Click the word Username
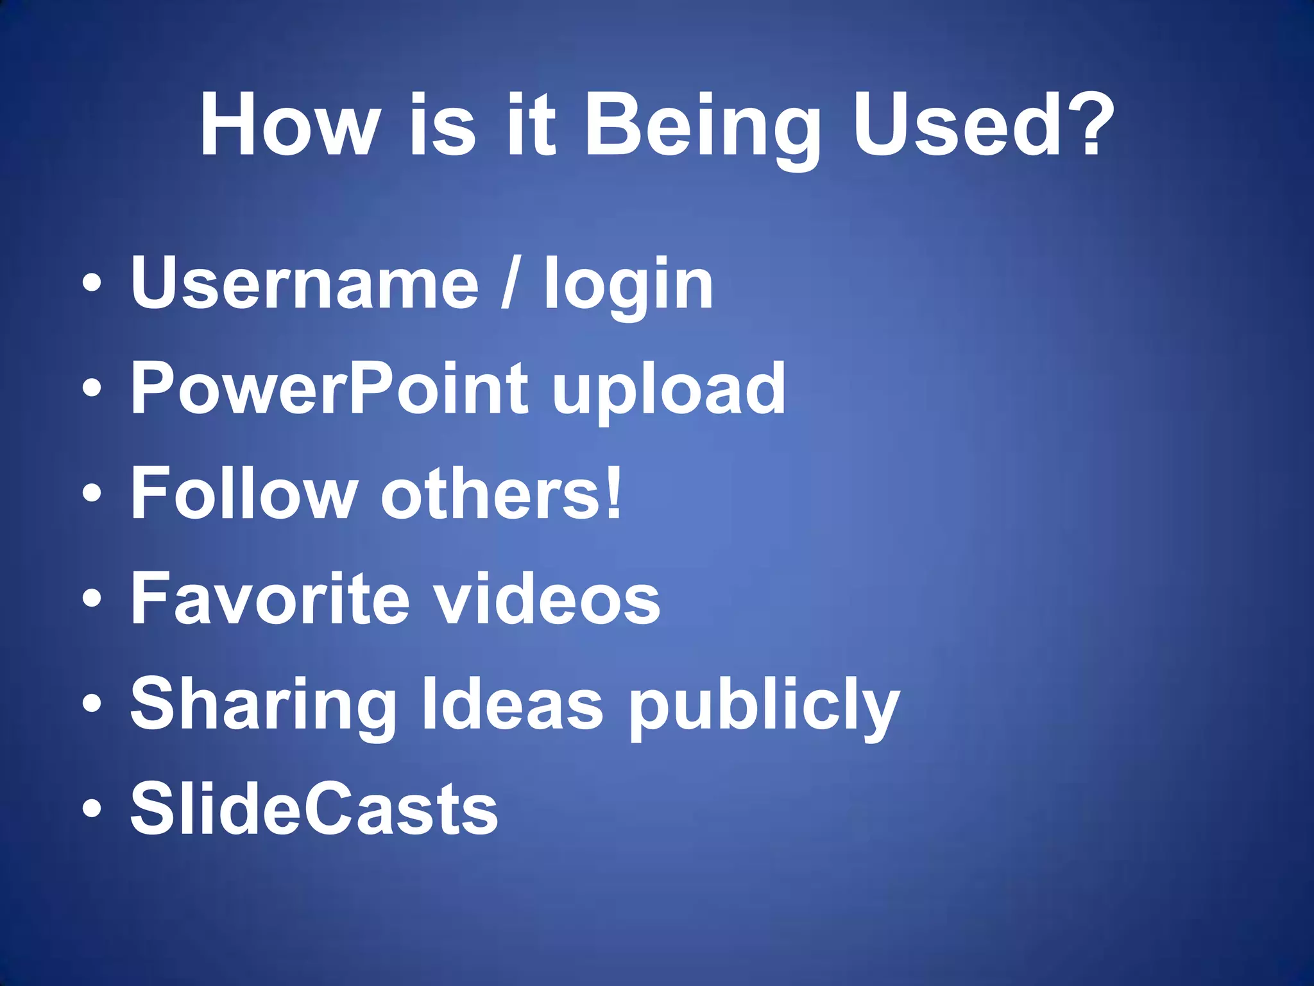305,282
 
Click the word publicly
764,706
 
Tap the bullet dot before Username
92,284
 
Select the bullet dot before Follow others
92,494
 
